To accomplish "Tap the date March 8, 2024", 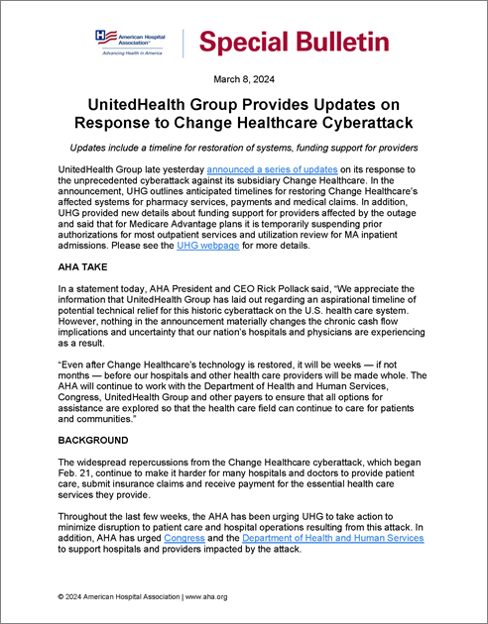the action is coord(244,79).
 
